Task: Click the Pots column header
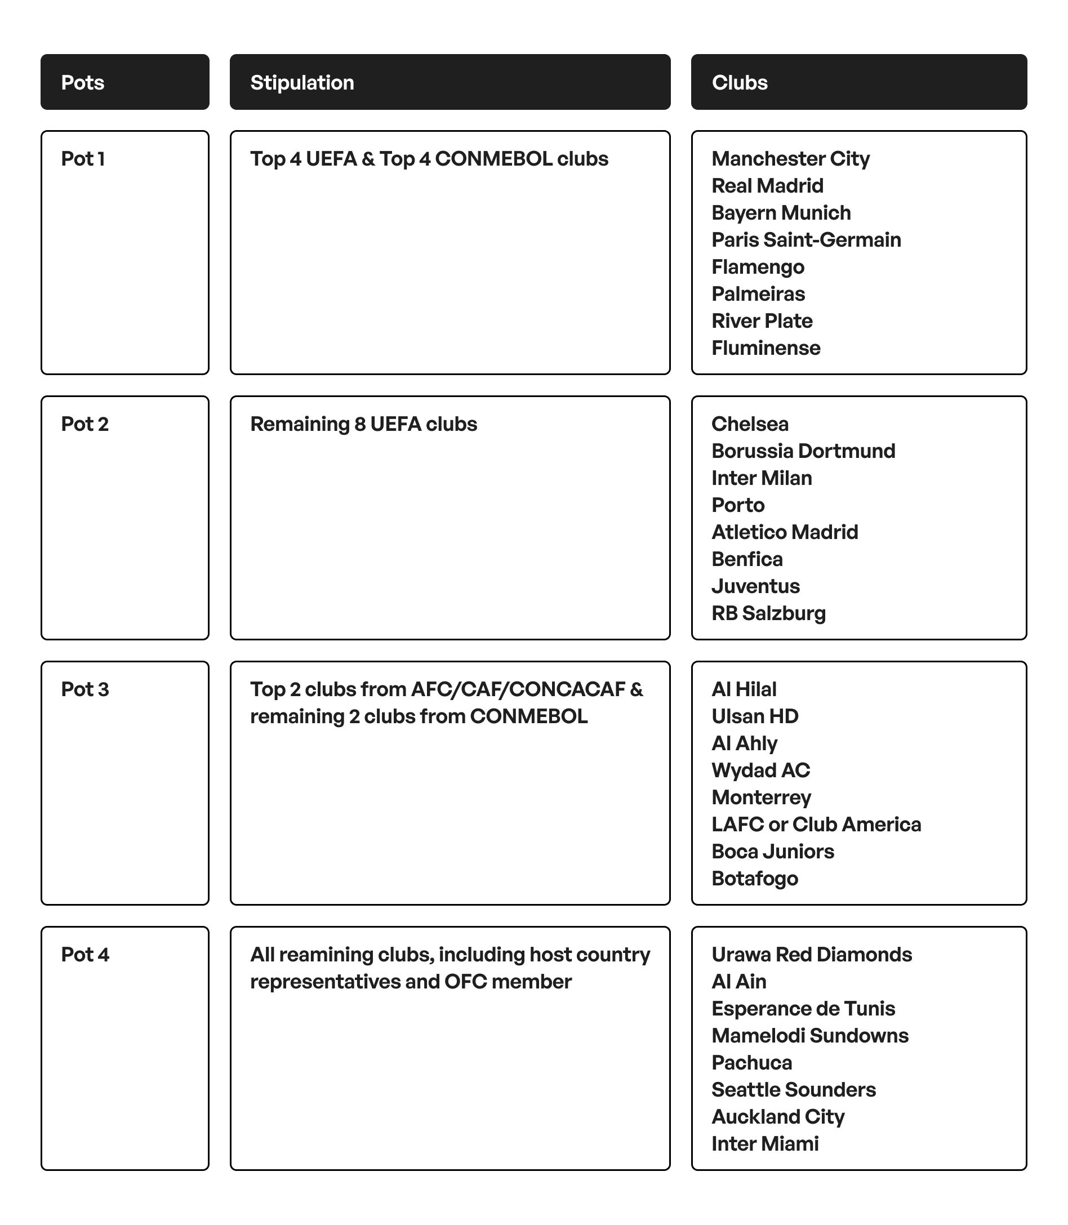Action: click(83, 82)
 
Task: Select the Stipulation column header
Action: click(302, 82)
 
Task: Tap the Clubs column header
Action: click(740, 82)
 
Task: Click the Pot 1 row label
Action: click(83, 158)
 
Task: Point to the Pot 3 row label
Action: click(84, 689)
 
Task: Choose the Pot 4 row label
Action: click(84, 954)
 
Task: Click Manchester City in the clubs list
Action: click(790, 158)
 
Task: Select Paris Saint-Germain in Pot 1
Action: click(806, 239)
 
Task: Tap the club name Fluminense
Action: click(766, 348)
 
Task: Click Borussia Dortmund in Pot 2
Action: click(803, 451)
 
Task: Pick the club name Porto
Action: click(738, 505)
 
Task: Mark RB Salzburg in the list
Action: click(768, 613)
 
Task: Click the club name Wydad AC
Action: click(760, 770)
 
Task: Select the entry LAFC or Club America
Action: click(816, 824)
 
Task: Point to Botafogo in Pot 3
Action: click(754, 877)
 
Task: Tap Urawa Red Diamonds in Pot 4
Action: click(811, 954)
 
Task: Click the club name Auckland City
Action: click(778, 1116)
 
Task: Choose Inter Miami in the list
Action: click(764, 1143)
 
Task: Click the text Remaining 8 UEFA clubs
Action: click(363, 424)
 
